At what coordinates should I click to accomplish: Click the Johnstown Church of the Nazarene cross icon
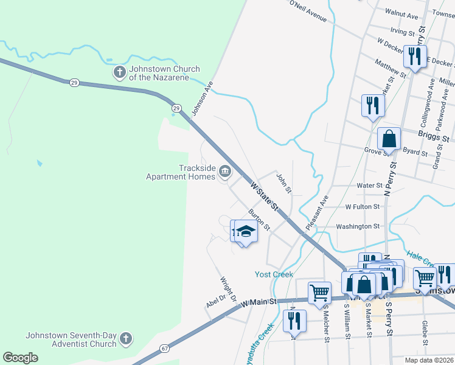click(x=119, y=73)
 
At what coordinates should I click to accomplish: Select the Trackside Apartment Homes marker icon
click(x=224, y=172)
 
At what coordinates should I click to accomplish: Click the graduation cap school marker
click(x=246, y=232)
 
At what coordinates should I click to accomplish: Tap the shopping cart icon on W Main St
click(x=319, y=292)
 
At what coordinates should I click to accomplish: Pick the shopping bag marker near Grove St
click(x=389, y=138)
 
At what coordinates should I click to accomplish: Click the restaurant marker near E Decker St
click(x=415, y=57)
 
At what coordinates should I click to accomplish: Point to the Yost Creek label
click(x=274, y=274)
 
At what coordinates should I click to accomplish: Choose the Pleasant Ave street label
click(x=317, y=212)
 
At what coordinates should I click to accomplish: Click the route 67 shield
click(x=165, y=348)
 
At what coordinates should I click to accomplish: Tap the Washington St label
click(x=358, y=226)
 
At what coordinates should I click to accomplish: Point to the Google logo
click(x=21, y=358)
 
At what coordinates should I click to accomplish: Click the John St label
click(x=284, y=184)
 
